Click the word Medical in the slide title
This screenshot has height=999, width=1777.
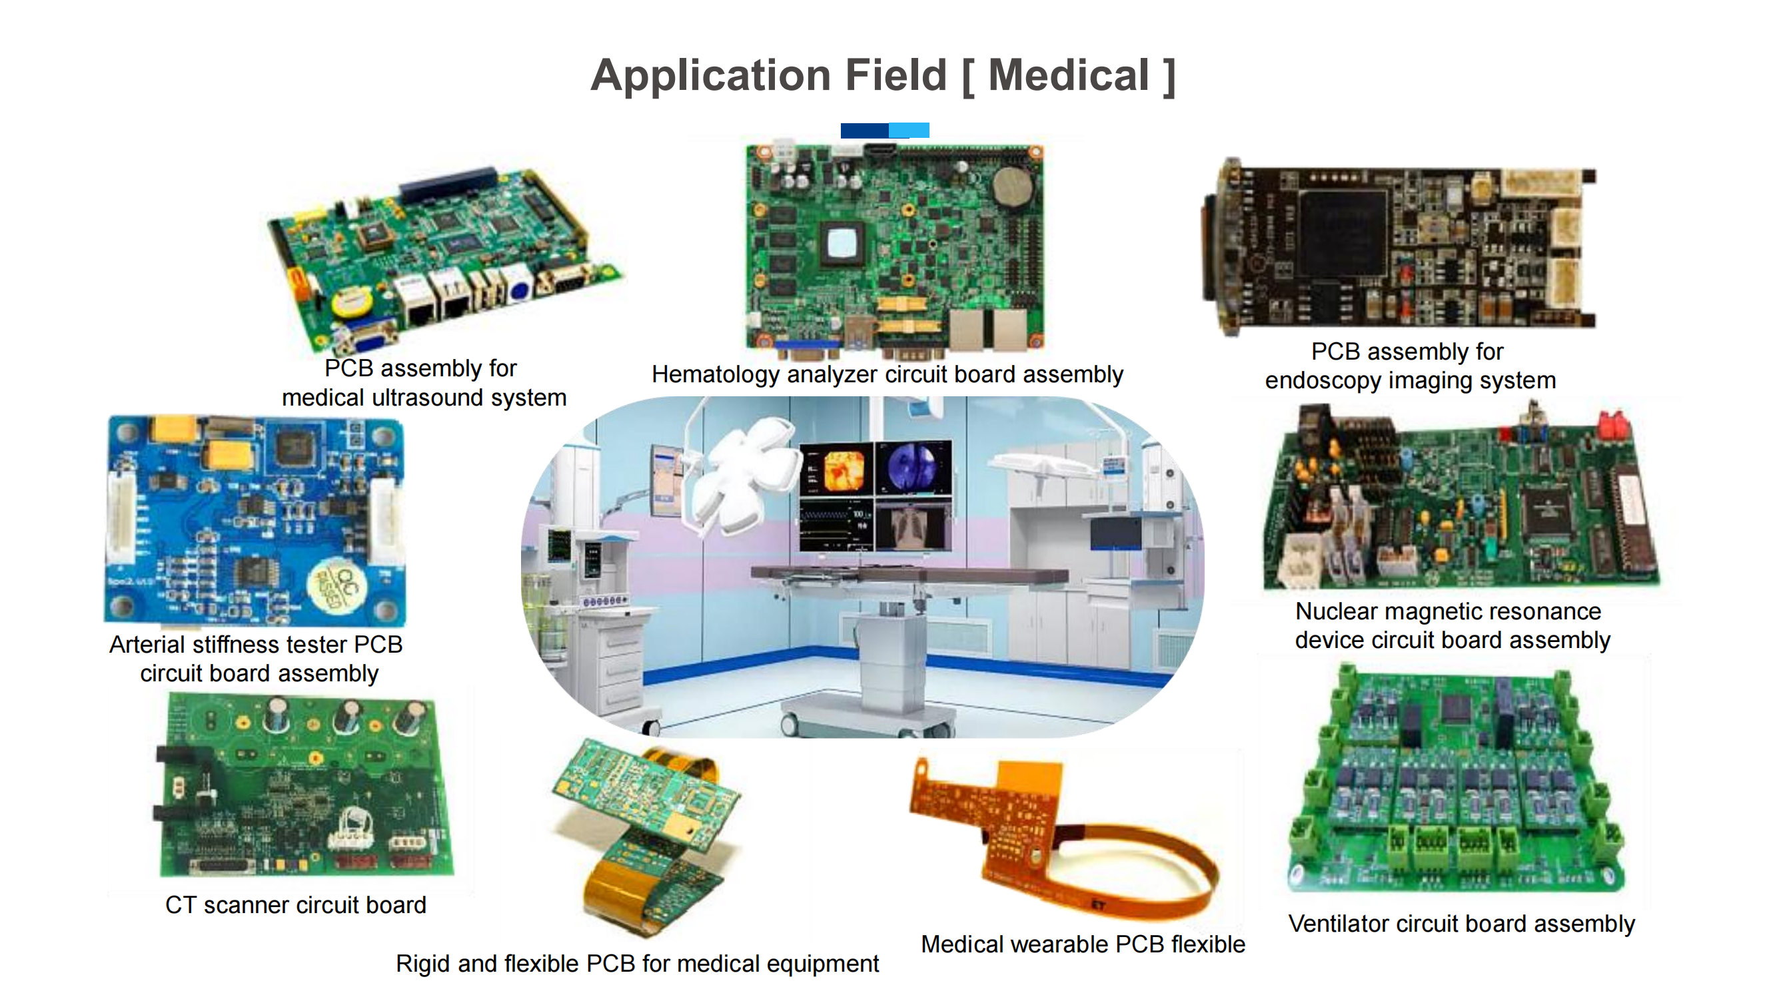[1068, 75]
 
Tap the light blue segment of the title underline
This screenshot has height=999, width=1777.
[909, 131]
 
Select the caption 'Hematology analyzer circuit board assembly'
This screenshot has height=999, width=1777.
[887, 374]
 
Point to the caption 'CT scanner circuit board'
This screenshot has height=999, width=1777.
[295, 904]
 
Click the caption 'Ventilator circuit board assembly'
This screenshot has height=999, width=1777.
[1461, 923]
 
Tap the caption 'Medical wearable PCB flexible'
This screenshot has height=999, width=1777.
[1082, 944]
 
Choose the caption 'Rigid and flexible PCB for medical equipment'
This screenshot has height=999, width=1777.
[637, 963]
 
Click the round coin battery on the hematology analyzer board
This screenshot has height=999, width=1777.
[1012, 186]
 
